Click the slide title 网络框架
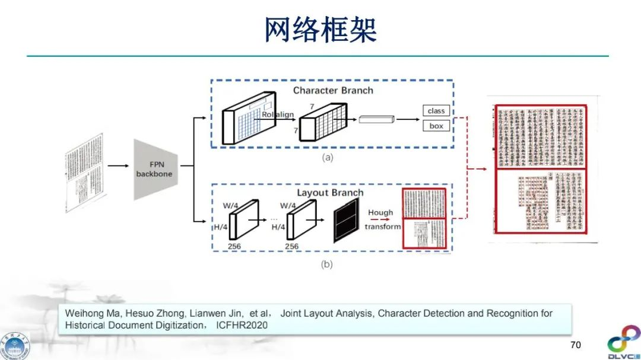[x=320, y=30]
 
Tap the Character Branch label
[x=333, y=90]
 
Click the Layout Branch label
[x=330, y=193]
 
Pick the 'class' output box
[x=436, y=111]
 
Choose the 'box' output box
[x=436, y=126]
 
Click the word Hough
[x=380, y=212]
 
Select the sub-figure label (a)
[x=326, y=158]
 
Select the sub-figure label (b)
[x=326, y=265]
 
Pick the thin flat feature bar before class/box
[x=376, y=120]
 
